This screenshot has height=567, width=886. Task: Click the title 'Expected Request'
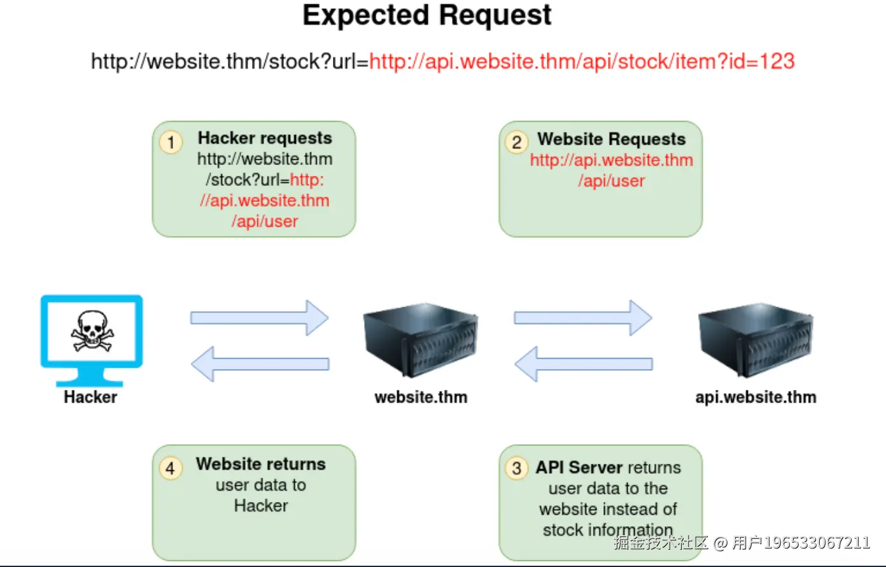tap(427, 16)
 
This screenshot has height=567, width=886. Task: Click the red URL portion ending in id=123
tap(582, 62)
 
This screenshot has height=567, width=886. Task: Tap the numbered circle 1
tap(171, 142)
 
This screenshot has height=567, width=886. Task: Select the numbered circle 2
tap(517, 142)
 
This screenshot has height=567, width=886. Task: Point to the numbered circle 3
tap(517, 469)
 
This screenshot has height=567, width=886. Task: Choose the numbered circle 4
tap(171, 469)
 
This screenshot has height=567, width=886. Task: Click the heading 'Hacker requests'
tap(265, 138)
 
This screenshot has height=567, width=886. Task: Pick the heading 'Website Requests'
tap(611, 140)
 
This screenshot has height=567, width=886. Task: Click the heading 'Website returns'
tap(261, 464)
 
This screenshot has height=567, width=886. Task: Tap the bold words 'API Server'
tap(579, 468)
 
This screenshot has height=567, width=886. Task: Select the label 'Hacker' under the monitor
tap(90, 397)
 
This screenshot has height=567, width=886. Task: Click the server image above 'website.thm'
tap(420, 341)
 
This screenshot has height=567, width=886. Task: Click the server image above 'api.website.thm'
tap(756, 341)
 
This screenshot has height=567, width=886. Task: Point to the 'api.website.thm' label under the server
tap(756, 398)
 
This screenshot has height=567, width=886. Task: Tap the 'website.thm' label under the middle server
tap(421, 398)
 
